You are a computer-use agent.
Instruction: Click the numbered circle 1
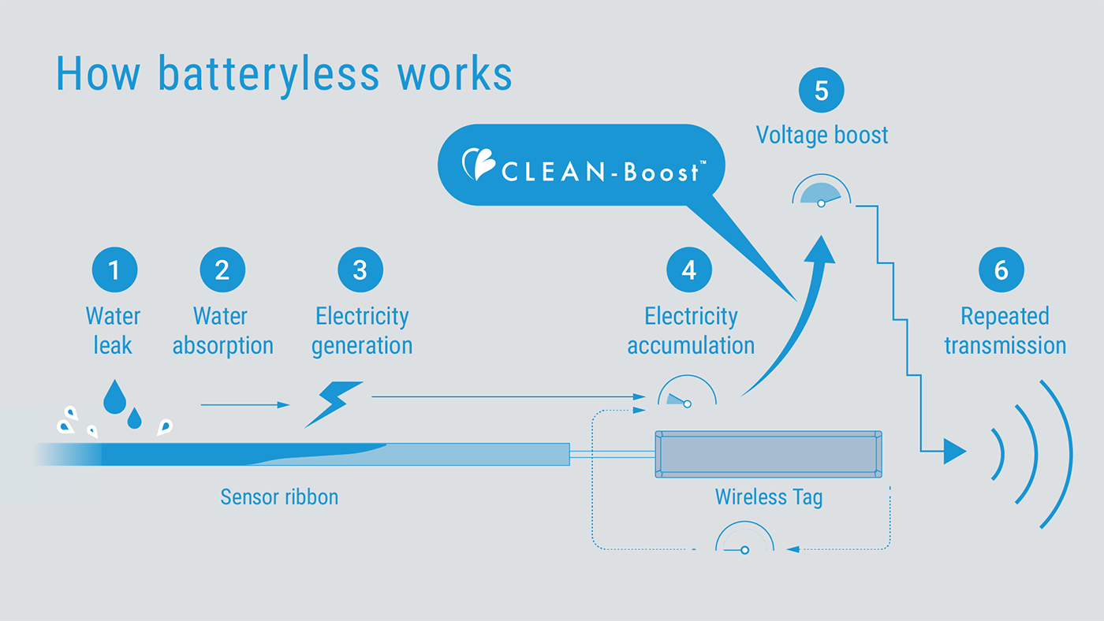[114, 270]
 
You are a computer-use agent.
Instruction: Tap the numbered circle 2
[222, 270]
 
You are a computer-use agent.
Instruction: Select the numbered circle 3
[360, 270]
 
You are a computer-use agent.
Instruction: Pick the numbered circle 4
[689, 270]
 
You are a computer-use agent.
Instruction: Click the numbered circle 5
[821, 91]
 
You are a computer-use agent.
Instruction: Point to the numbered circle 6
[1001, 270]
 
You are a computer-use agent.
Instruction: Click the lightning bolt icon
[334, 403]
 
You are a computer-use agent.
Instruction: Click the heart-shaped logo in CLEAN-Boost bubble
[478, 165]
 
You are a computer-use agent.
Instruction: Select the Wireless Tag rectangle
[768, 454]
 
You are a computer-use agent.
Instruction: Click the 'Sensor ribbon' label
[279, 497]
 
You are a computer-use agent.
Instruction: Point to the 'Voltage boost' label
[822, 135]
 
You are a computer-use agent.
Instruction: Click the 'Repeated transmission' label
[1005, 331]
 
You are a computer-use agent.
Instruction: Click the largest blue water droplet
[114, 396]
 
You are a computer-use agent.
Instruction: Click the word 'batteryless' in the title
[268, 73]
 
